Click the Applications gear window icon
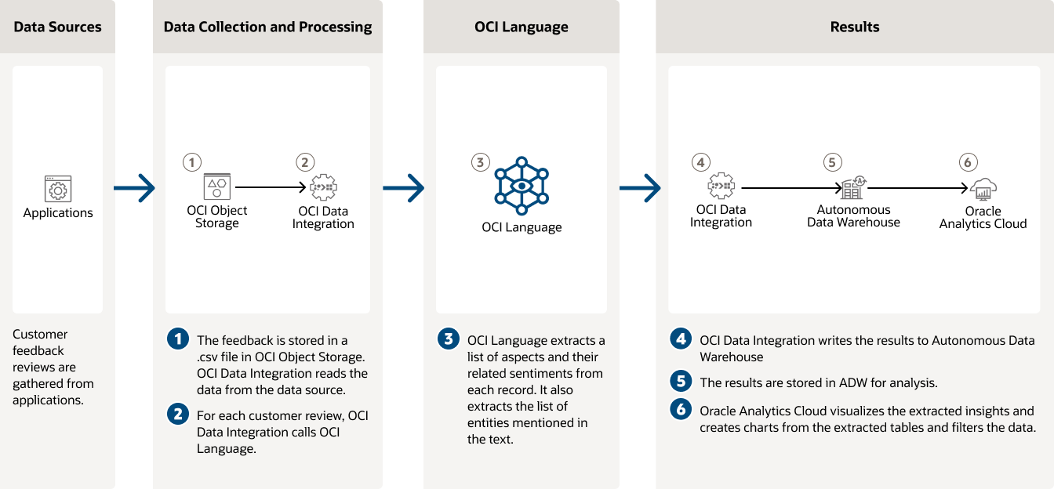[57, 189]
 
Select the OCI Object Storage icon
[216, 187]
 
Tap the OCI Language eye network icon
[522, 187]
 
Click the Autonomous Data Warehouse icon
[852, 187]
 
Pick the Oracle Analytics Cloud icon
[983, 189]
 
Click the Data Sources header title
[58, 27]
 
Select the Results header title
[854, 27]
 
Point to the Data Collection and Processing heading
[267, 27]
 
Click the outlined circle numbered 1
[191, 162]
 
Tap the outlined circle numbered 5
[832, 162]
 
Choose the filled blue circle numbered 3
[448, 339]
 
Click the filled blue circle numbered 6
[680, 409]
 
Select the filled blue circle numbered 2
[178, 414]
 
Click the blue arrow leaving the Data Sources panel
[134, 188]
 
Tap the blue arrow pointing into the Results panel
[639, 188]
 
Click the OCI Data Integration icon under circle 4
[721, 187]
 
